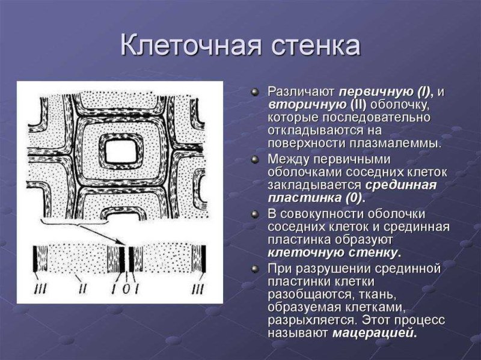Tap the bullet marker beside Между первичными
pyautogui.click(x=255, y=159)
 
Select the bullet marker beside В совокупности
pyautogui.click(x=255, y=213)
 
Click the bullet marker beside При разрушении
pyautogui.click(x=255, y=267)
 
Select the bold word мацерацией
pyautogui.click(x=374, y=333)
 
